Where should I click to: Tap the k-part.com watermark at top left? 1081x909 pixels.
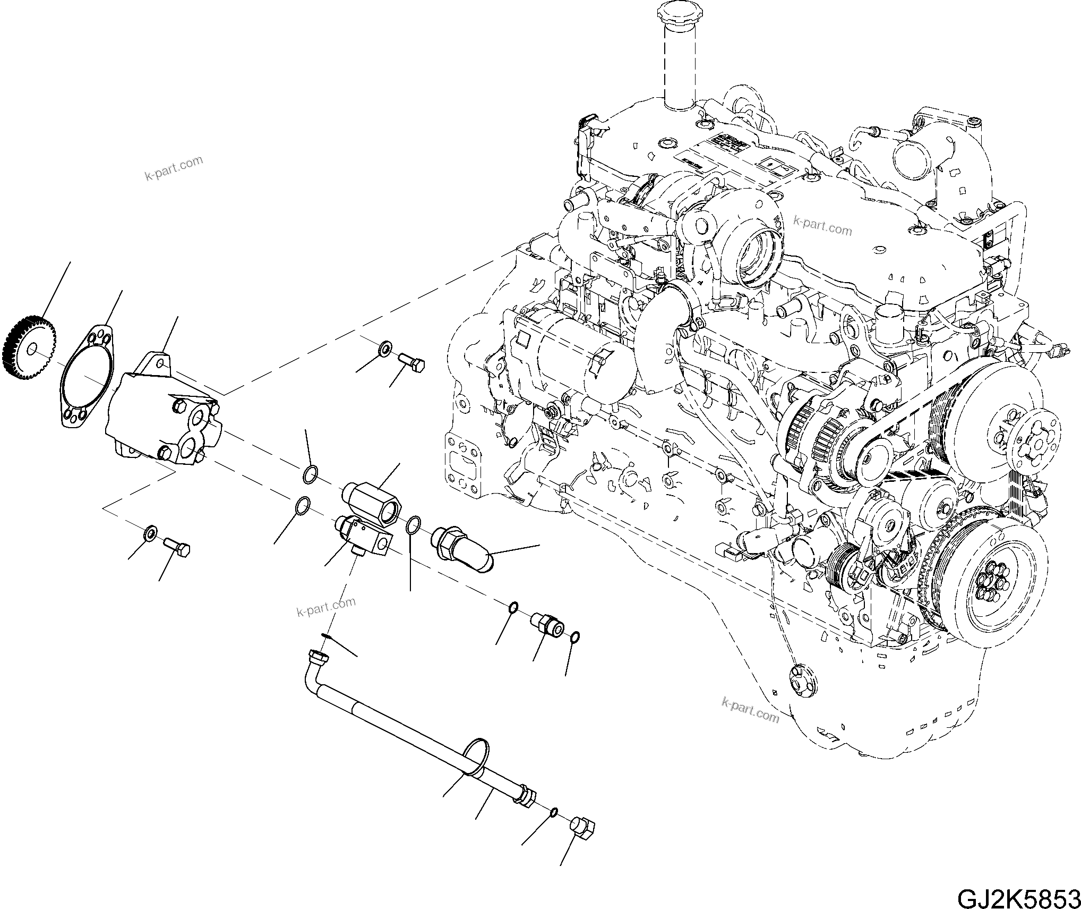(x=174, y=168)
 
